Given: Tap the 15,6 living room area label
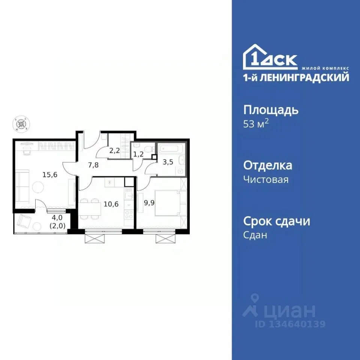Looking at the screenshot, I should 49,174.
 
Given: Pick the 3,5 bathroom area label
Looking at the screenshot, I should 168,163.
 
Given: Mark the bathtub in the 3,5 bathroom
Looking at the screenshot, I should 170,149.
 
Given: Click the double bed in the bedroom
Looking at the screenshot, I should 168,204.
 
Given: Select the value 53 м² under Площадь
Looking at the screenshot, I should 256,124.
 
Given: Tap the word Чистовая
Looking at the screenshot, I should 266,180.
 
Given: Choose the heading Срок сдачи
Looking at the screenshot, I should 277,221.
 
